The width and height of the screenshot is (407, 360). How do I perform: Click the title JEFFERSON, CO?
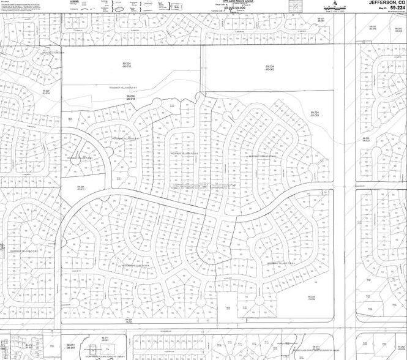tap(386, 2)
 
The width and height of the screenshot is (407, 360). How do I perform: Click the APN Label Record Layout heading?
tap(222, 2)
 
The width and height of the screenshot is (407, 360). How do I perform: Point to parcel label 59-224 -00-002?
tap(271, 67)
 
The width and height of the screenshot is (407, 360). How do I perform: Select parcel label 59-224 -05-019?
tap(130, 97)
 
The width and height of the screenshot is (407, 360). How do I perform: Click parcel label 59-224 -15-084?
tap(310, 298)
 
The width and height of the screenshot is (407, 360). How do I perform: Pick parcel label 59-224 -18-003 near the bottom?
tap(129, 321)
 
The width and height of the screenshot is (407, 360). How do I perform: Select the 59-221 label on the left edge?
tap(2, 249)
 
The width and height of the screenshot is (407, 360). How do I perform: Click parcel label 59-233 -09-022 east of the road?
tap(365, 140)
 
